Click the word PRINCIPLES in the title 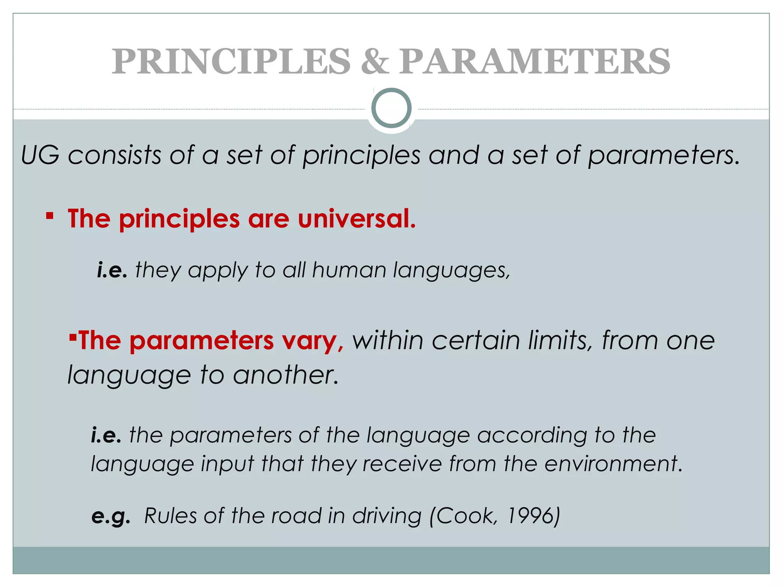(231, 62)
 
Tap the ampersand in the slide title (375, 62)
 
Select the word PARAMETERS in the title (534, 62)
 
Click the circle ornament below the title (391, 108)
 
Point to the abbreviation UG (41, 155)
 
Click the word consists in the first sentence (114, 155)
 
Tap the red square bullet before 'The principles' (49, 216)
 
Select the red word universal (356, 219)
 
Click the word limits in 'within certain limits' (560, 341)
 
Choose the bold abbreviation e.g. (111, 517)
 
